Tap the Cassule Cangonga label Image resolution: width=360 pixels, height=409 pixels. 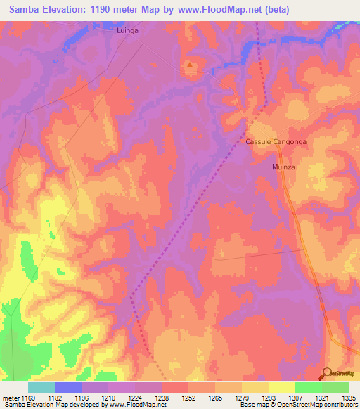tap(276, 141)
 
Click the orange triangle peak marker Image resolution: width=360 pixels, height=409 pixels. tap(190, 67)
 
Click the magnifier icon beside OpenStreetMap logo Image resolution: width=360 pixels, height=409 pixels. tap(328, 373)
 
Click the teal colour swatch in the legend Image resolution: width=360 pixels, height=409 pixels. tap(41, 387)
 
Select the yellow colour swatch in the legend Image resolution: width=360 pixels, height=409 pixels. tap(281, 387)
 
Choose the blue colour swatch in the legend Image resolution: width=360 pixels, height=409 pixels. tap(67, 387)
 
